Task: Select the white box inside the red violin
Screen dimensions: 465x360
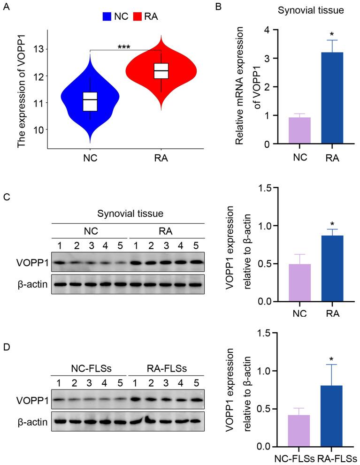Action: coord(161,71)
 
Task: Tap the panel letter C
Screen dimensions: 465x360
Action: coord(6,198)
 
